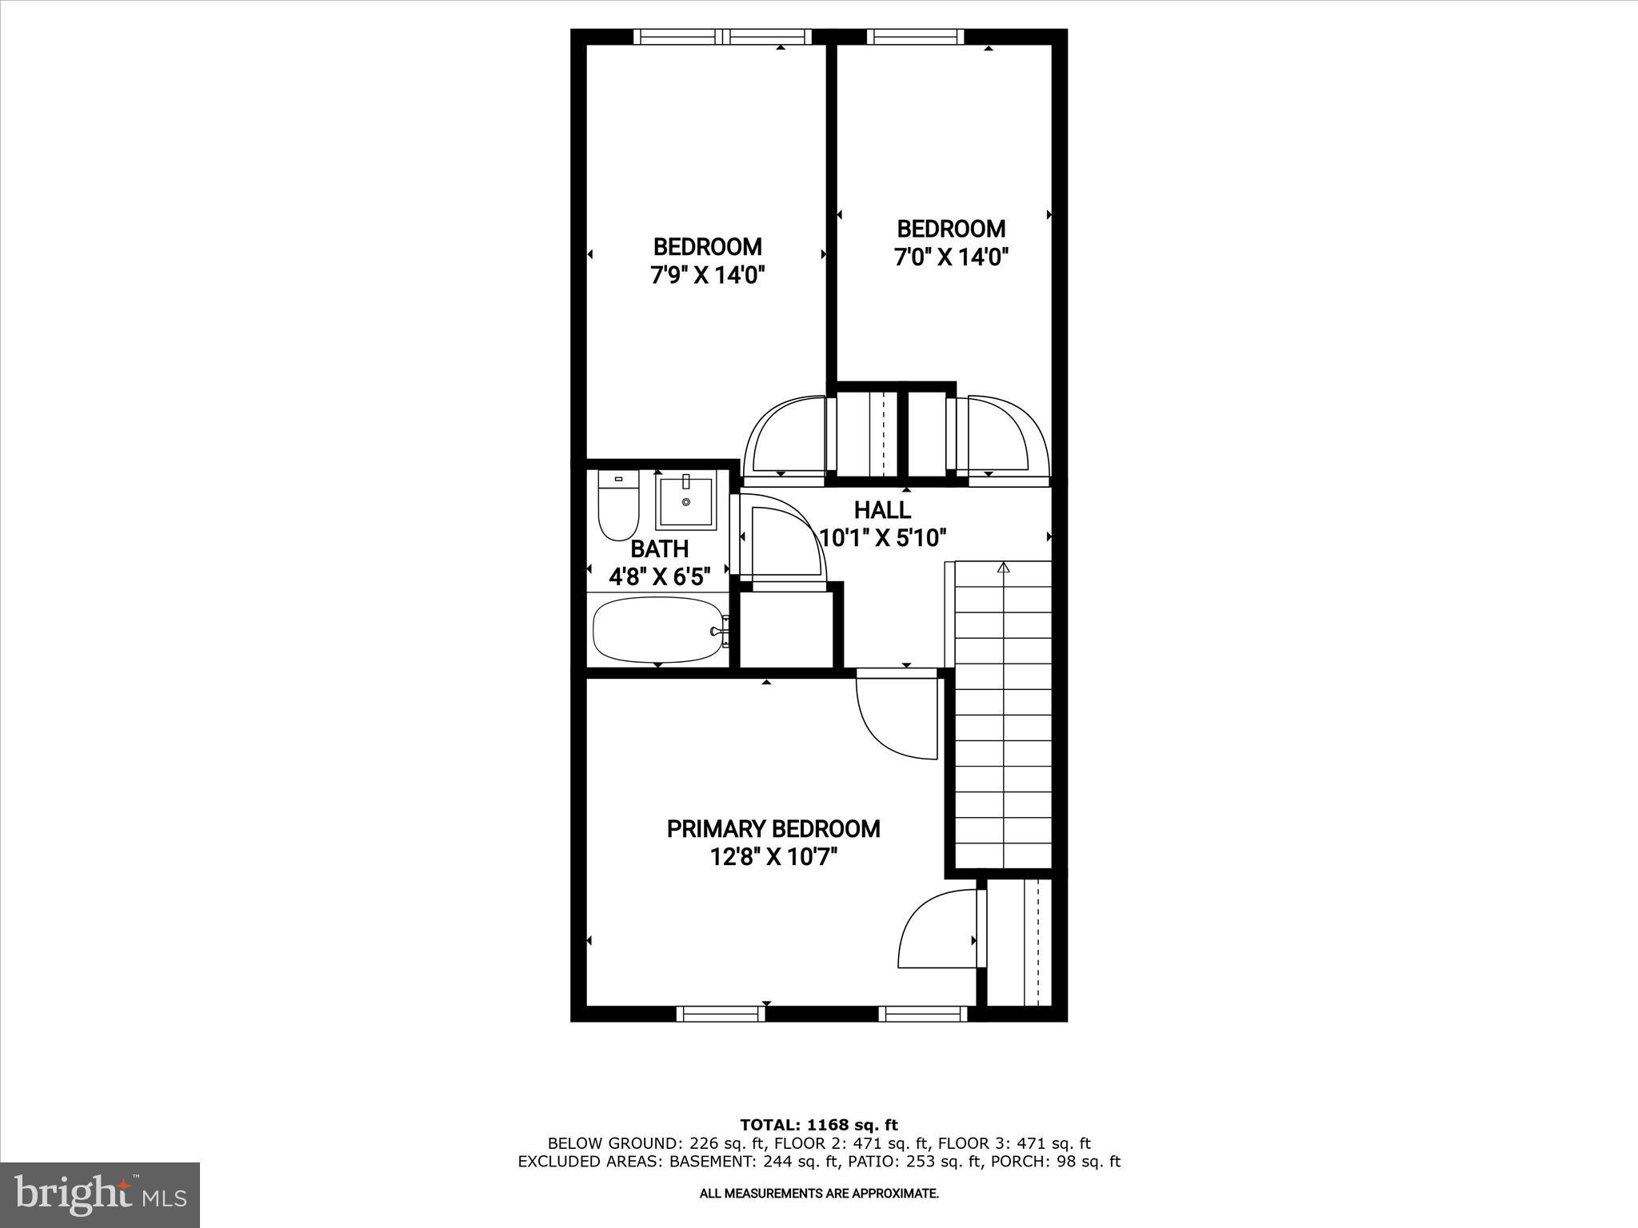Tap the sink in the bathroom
coord(685,501)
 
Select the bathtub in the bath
coord(658,631)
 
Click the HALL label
coord(882,510)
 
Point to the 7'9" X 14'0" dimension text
coord(708,276)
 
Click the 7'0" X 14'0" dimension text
coord(951,257)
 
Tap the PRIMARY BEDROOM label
coord(773,829)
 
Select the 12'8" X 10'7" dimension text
coord(773,858)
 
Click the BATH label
coord(659,549)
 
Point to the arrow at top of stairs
coord(1004,568)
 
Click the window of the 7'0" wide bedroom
coord(915,36)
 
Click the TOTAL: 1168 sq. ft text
coord(818,1126)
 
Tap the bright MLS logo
coord(100,1194)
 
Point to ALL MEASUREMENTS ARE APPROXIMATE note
coord(818,1194)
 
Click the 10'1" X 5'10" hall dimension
coord(884,538)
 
